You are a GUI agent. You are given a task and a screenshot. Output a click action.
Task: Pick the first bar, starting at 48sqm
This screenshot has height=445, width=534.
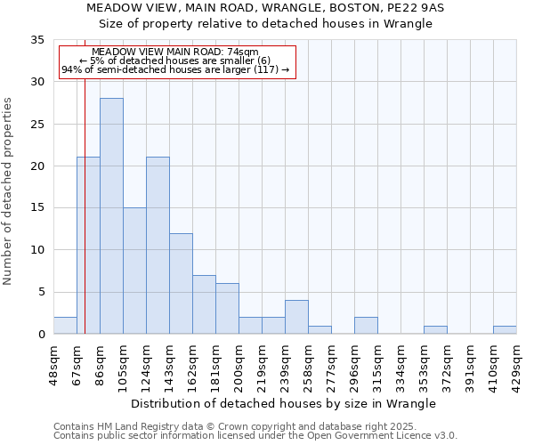65,325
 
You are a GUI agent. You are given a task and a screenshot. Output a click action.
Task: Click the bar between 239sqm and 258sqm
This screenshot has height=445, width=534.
296,317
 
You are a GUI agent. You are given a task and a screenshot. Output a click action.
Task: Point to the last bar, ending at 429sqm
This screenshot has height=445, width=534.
505,329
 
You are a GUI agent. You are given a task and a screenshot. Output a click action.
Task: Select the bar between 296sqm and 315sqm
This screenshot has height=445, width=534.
366,325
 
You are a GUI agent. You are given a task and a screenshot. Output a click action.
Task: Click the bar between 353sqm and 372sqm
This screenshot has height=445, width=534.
435,329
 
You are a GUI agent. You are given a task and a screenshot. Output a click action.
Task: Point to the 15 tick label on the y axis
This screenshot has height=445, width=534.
37,208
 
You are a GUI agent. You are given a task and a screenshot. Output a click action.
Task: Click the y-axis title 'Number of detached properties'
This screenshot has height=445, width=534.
8,191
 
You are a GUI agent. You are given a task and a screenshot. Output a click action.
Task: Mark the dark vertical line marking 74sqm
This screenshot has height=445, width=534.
85,222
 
